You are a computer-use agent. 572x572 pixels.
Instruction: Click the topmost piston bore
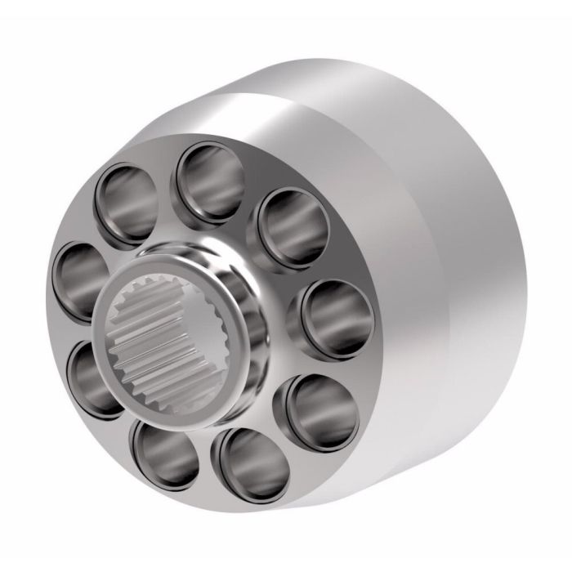[209, 180]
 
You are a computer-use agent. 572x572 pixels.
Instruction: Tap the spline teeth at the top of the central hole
[176, 292]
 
